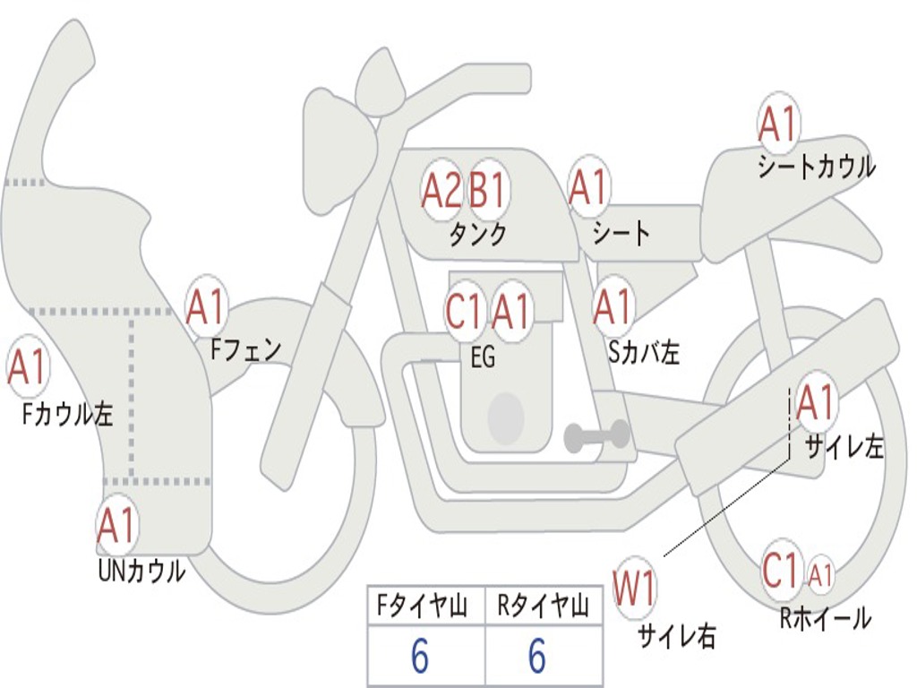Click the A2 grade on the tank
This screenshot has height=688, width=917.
[441, 190]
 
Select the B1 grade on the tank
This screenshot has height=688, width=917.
[488, 190]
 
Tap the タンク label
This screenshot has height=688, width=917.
[477, 235]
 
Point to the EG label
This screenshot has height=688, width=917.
[483, 357]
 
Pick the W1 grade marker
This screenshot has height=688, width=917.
[634, 590]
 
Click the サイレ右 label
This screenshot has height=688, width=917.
[676, 636]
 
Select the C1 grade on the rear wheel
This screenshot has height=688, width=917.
[780, 571]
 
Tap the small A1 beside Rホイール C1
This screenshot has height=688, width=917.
[820, 574]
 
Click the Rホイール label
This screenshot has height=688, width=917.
[825, 618]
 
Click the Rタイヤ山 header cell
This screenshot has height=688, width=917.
[543, 607]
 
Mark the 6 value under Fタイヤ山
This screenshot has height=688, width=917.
[420, 658]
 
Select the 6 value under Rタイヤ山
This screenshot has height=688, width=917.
[536, 658]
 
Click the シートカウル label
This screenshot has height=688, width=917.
[816, 168]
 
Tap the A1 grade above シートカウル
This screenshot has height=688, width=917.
[777, 125]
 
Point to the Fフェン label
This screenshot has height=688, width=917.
[245, 349]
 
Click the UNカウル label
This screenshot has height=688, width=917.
[141, 570]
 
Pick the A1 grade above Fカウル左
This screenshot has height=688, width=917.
[27, 367]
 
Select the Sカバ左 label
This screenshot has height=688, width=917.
[644, 352]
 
